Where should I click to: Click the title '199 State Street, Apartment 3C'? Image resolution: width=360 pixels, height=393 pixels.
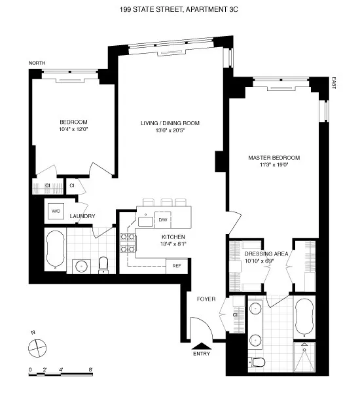[x=179, y=9]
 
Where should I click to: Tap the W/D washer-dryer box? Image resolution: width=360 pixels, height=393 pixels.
[x=54, y=210]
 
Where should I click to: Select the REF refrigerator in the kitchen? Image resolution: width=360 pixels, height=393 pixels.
[x=177, y=265]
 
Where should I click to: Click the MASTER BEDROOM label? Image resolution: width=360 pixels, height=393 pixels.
[x=274, y=158]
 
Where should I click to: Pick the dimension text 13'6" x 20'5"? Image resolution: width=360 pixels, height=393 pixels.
[x=170, y=130]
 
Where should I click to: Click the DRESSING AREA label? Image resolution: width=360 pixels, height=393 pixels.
[x=263, y=253]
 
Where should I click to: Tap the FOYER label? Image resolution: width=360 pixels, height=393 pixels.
[x=206, y=299]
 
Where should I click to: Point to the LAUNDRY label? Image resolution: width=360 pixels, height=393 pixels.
[x=83, y=216]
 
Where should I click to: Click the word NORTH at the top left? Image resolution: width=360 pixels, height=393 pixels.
[x=37, y=63]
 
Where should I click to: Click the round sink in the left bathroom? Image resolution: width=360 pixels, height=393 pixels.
[x=81, y=266]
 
